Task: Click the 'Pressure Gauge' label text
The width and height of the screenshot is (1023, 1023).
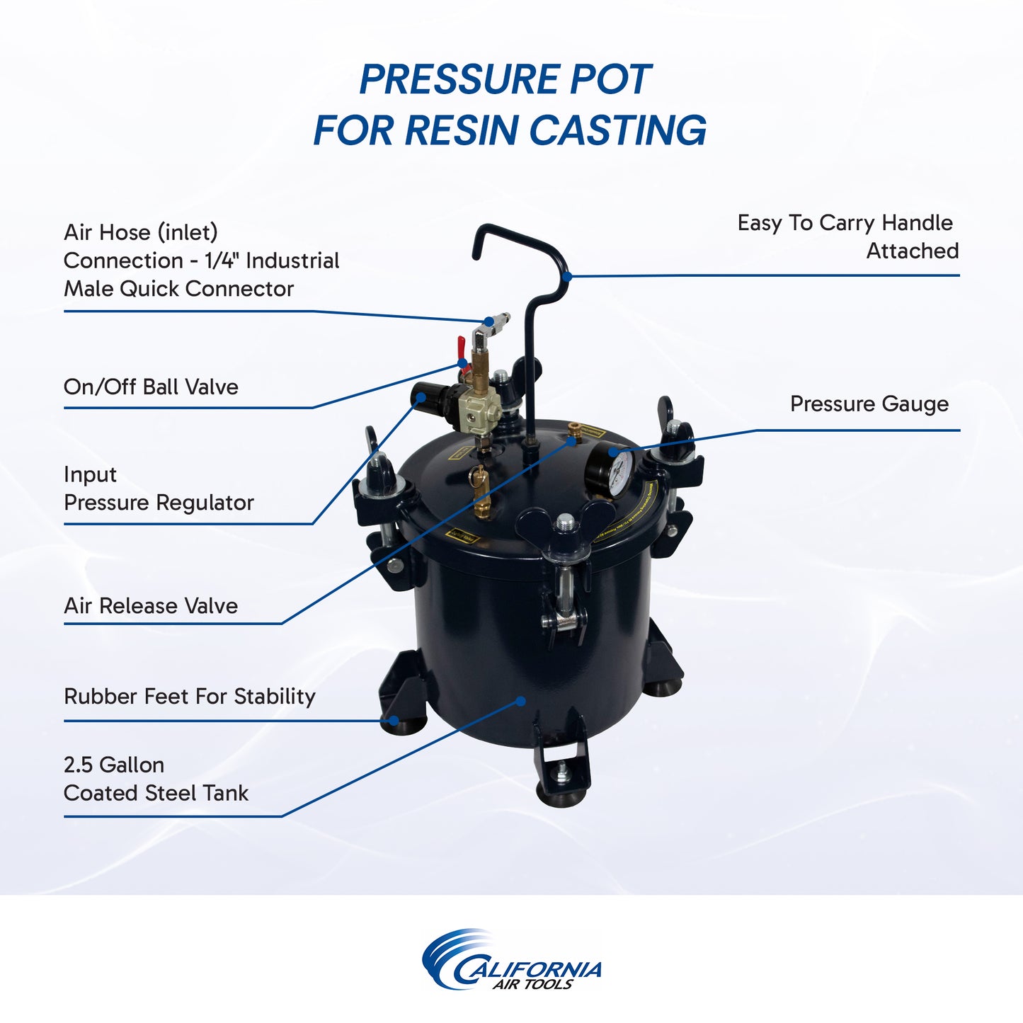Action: pos(869,404)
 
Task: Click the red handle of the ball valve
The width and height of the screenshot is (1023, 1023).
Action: pos(461,349)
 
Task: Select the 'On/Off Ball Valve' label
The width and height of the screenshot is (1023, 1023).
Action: pos(151,387)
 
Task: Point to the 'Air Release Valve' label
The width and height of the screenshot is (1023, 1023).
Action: pos(151,606)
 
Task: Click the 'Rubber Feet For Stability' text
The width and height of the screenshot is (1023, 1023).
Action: pos(190,697)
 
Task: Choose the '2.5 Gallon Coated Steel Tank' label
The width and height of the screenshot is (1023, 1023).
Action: pos(156,779)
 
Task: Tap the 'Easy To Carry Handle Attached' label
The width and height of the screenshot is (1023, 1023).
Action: pos(847,236)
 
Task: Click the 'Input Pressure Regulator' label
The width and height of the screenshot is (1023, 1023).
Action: pos(159,488)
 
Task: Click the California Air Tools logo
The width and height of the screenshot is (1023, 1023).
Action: pos(511,961)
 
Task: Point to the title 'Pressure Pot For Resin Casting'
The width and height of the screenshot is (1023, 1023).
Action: pos(510,105)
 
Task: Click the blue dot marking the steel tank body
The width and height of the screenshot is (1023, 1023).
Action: pos(520,701)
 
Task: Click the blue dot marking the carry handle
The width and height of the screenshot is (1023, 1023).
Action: pos(568,277)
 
